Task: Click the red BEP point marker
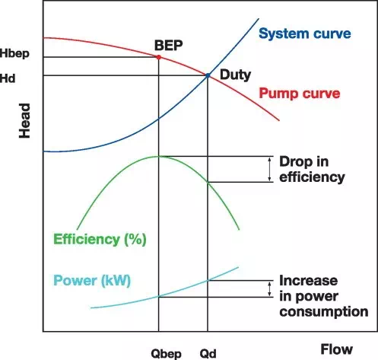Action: coord(159,57)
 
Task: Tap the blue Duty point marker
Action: coord(208,75)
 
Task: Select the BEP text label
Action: coord(169,46)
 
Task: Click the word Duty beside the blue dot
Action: coord(235,75)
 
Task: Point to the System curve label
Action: coord(305,33)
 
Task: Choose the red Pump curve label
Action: coord(300,94)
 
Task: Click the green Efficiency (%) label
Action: coord(100,240)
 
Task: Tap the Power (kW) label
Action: coord(92,281)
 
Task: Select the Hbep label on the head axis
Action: coord(14,54)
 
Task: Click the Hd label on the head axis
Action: coord(8,78)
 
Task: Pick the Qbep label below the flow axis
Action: coord(167,354)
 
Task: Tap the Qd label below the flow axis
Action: coord(208,353)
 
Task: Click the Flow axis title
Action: coord(336,349)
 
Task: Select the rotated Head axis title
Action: coord(24,121)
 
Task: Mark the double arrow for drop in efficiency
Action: coord(270,169)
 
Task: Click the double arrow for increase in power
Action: coord(270,289)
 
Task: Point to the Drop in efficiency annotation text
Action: coord(312,170)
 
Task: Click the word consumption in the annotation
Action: coord(324,312)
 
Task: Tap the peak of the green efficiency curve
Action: coord(159,156)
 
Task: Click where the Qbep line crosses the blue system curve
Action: coord(159,119)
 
